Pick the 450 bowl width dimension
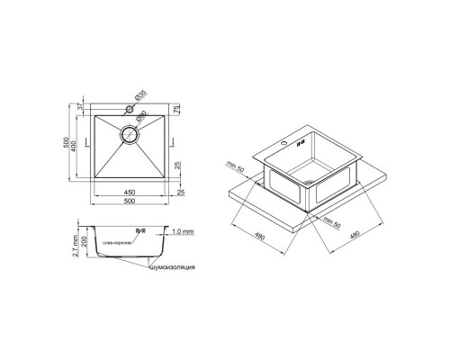(x=131, y=192)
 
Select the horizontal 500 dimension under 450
(x=131, y=202)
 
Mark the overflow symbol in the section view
(x=139, y=232)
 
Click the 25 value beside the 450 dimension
(x=181, y=192)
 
